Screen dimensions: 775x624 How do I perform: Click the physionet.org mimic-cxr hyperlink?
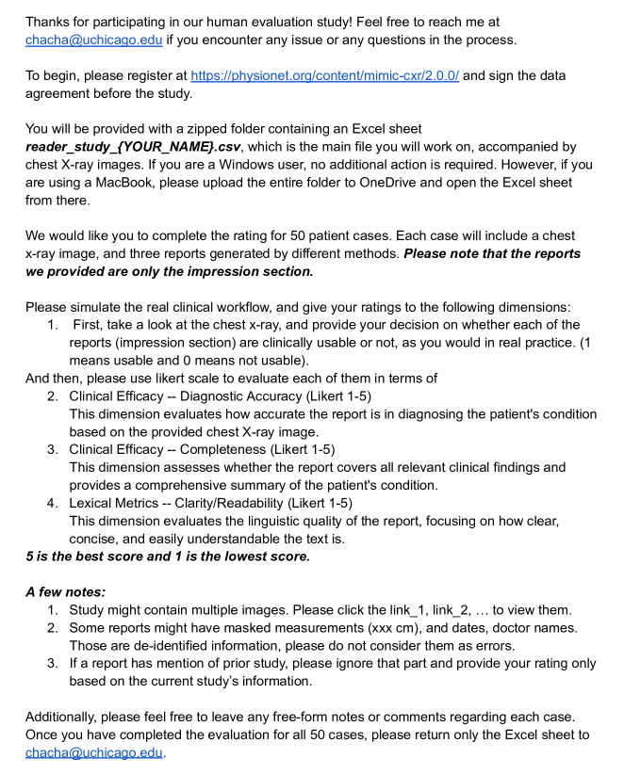pyautogui.click(x=324, y=75)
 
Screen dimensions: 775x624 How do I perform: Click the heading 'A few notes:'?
pyautogui.click(x=65, y=592)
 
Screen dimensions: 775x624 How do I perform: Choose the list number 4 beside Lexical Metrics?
pyautogui.click(x=53, y=503)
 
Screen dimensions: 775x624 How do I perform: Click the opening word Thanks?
pyautogui.click(x=51, y=21)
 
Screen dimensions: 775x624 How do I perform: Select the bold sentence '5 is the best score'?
pyautogui.click(x=167, y=557)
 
